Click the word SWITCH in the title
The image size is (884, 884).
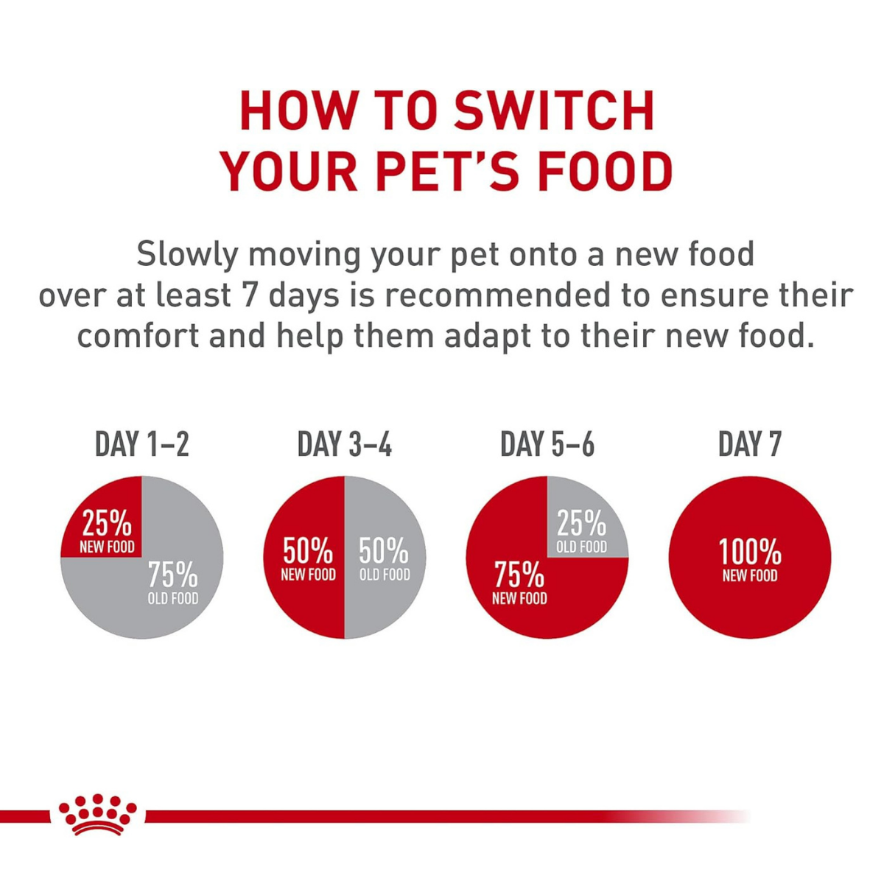coord(553,111)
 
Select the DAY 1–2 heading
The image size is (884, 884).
coord(142,445)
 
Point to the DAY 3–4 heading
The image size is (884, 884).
coord(344,445)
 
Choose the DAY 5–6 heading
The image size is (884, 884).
coord(547,445)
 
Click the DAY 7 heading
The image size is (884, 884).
coord(749,445)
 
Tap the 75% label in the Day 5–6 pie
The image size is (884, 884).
coord(519,574)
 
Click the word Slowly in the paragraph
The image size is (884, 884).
coord(187,255)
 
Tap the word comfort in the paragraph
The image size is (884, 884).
coord(138,336)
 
